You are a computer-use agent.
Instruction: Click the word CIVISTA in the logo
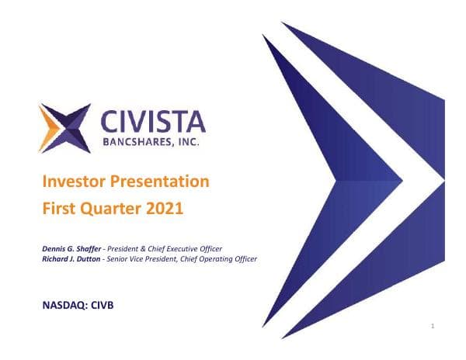pos(154,123)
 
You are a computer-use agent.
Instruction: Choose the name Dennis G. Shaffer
pos(71,248)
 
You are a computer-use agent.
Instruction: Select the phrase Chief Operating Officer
pos(224,258)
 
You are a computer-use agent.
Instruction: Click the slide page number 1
pos(432,327)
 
